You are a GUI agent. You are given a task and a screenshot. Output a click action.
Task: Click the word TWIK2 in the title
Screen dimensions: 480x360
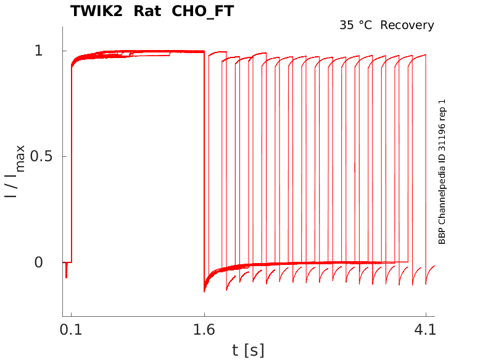click(x=96, y=11)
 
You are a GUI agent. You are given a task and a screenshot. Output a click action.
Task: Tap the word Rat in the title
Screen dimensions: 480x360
click(x=147, y=11)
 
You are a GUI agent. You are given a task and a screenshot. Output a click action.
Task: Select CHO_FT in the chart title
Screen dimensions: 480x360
click(x=202, y=12)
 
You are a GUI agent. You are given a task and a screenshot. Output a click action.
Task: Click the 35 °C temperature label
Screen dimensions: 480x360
click(x=356, y=25)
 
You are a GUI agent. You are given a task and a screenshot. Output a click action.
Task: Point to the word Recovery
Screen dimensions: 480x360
click(x=407, y=25)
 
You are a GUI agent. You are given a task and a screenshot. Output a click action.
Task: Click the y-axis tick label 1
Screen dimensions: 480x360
click(x=39, y=51)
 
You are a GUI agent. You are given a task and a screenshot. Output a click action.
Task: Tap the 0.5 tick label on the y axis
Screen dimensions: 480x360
click(x=41, y=157)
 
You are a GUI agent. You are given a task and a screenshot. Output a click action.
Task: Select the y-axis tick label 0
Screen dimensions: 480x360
click(x=39, y=262)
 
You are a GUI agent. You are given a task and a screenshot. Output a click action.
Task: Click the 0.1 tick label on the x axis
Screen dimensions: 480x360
click(x=71, y=330)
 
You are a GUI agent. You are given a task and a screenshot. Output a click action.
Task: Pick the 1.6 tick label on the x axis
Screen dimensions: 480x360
click(x=204, y=330)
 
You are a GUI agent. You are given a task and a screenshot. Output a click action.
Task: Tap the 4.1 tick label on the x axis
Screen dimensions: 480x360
click(x=425, y=330)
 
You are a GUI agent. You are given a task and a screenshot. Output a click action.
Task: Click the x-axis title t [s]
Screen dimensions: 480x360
click(x=248, y=350)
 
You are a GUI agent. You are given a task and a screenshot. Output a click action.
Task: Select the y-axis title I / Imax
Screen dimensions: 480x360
click(x=15, y=172)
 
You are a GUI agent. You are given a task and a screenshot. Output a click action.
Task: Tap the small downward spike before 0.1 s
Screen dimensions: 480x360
click(x=67, y=270)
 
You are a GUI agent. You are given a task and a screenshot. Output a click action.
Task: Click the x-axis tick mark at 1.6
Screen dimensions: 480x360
click(x=204, y=314)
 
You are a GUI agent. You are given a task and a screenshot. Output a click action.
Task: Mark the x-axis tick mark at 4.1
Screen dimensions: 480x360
click(x=426, y=314)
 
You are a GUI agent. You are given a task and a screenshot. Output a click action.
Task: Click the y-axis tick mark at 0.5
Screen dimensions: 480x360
click(x=65, y=157)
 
